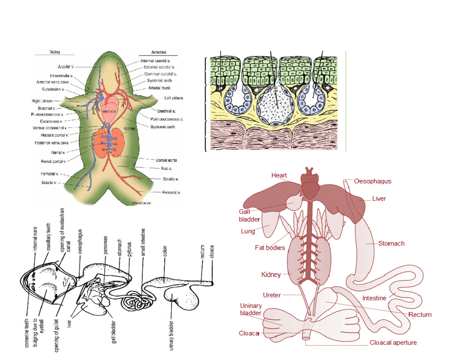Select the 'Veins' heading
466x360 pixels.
point(54,52)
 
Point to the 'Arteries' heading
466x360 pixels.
point(159,52)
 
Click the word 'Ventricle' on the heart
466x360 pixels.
point(108,111)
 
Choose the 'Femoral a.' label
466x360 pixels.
point(171,192)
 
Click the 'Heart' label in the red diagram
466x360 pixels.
point(279,176)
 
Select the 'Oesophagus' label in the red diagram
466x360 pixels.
point(372,181)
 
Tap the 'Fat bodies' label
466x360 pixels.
point(270,247)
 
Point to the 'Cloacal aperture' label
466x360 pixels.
point(393,343)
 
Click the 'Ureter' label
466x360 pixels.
point(272,295)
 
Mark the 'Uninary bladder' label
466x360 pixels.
point(251,309)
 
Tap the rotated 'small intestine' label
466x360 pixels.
point(143,242)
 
